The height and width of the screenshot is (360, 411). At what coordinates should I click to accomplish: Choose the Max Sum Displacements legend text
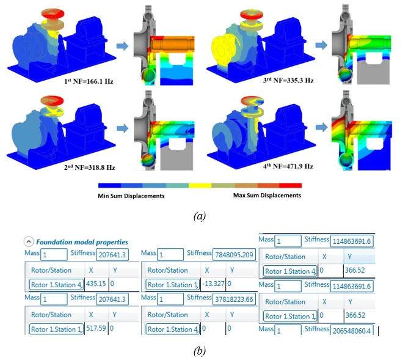click(x=267, y=196)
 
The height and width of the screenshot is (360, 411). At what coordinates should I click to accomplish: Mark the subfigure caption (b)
click(x=199, y=351)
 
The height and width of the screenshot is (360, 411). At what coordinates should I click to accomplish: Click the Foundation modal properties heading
click(x=82, y=242)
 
